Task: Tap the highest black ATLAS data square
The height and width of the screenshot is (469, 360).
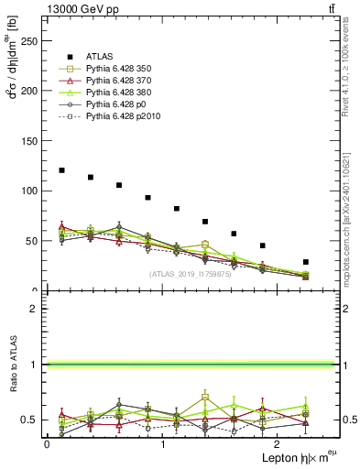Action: click(61, 170)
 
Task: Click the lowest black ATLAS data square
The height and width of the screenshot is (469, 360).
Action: click(305, 262)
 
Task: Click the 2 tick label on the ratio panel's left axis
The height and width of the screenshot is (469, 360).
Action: click(34, 309)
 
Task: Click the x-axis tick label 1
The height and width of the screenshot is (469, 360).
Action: click(163, 443)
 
